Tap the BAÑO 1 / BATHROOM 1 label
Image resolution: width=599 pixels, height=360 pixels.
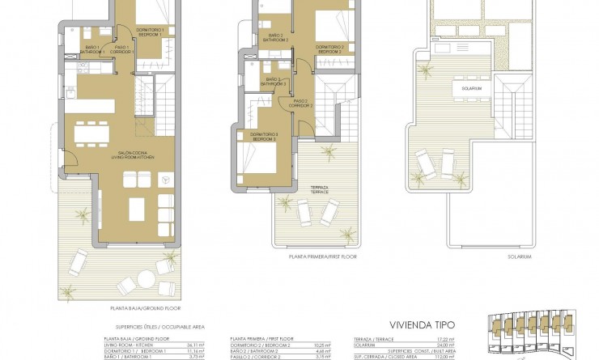point(93,50)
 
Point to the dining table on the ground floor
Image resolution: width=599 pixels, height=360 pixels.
point(92,132)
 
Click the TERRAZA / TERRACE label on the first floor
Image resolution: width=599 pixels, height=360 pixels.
point(320,189)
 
